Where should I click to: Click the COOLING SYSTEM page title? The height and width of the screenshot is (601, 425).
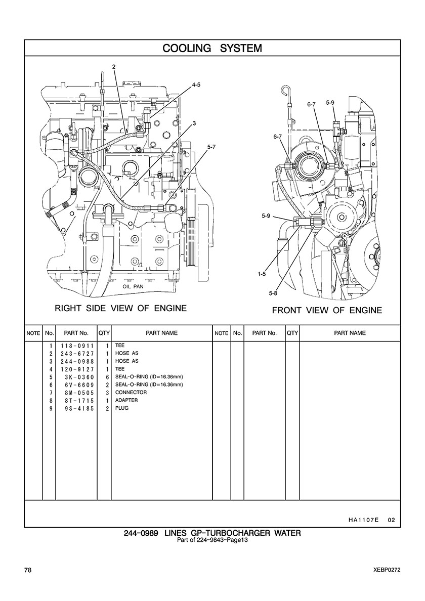[212, 48]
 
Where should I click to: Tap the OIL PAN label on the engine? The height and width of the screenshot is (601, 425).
[133, 286]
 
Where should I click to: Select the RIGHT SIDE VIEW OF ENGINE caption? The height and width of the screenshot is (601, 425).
[121, 308]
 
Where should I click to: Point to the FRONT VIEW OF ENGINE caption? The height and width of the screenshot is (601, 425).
[327, 311]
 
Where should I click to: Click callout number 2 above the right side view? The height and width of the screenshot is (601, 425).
[114, 67]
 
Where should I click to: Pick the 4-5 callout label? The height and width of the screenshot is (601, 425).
[196, 85]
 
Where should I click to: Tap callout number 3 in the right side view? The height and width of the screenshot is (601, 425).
[194, 123]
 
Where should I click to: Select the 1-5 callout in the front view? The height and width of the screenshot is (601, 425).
[262, 274]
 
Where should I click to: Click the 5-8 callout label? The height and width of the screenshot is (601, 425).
[273, 293]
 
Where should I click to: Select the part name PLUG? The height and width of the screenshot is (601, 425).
[122, 408]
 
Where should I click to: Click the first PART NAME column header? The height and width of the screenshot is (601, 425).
[162, 333]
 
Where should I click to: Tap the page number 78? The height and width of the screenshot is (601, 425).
[28, 570]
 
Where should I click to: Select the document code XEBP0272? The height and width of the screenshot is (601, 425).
[387, 570]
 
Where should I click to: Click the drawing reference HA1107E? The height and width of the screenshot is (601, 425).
[363, 520]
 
